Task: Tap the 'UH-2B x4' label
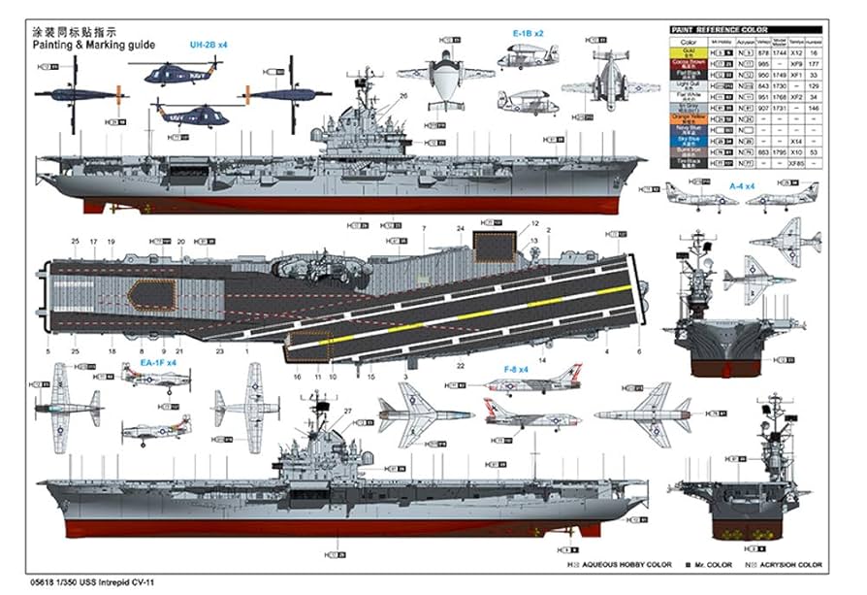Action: pos(209,45)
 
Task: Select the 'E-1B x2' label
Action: pos(529,33)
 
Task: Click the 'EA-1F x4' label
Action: pos(157,362)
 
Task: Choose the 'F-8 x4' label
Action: pos(517,369)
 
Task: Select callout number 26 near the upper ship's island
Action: pos(401,95)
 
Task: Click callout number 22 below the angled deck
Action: pos(461,365)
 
